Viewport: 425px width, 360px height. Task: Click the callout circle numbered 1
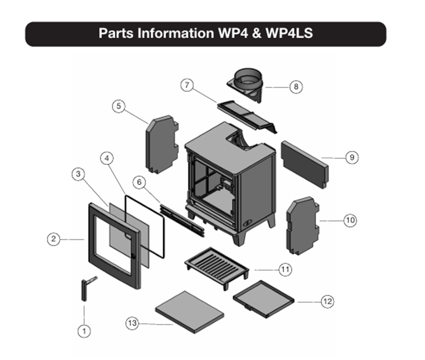click(x=84, y=331)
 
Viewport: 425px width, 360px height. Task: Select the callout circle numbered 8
click(x=295, y=86)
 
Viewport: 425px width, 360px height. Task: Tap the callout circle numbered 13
click(x=132, y=323)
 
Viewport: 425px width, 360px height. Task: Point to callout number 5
click(x=118, y=107)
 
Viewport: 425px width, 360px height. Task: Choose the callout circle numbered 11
click(x=285, y=270)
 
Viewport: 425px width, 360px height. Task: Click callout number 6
click(x=139, y=182)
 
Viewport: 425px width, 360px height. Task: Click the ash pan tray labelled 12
click(x=264, y=299)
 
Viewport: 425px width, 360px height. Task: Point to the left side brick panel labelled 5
click(x=161, y=144)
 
